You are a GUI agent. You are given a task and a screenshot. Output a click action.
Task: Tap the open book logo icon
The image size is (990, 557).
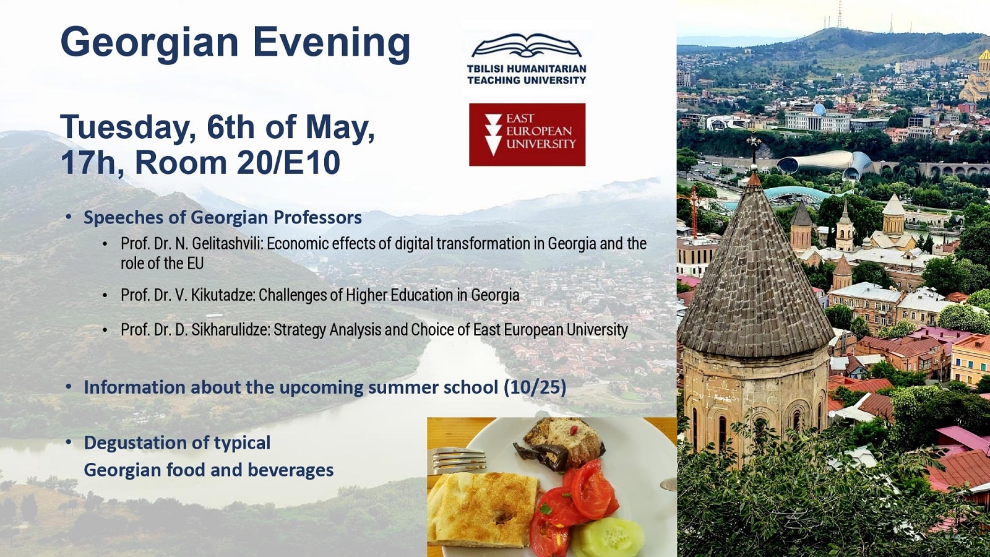527,46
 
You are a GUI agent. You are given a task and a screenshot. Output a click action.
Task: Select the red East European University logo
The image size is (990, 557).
527,134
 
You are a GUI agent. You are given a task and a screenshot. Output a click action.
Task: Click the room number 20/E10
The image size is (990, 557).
288,162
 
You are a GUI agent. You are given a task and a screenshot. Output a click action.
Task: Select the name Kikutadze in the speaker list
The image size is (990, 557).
223,295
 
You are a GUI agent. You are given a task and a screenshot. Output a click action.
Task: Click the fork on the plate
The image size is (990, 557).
458,460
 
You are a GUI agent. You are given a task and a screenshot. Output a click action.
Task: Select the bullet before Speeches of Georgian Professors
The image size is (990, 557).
68,217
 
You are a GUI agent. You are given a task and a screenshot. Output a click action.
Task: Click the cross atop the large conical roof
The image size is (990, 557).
754,142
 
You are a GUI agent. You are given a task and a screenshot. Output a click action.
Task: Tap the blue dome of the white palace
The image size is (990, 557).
819,109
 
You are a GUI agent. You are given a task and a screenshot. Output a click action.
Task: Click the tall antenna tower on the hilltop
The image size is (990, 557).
839,15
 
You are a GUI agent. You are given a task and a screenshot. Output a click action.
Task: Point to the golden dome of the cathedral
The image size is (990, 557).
984,55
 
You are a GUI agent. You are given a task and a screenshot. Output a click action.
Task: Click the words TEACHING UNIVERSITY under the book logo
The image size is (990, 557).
527,80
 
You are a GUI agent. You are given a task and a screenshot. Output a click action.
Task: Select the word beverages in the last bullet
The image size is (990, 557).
290,470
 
